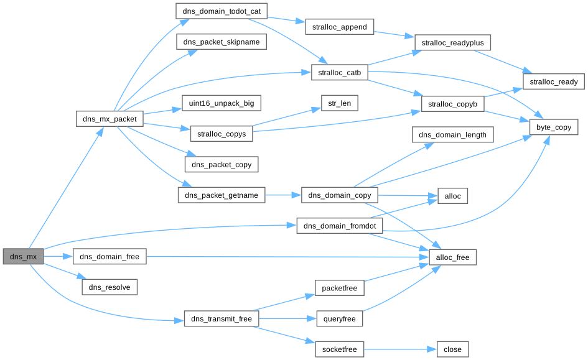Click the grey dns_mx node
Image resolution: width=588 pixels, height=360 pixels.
tap(23, 256)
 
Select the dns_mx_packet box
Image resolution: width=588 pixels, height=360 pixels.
tap(110, 118)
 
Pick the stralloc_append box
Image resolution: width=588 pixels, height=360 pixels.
tap(339, 27)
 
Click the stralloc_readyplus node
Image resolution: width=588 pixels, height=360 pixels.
tap(453, 42)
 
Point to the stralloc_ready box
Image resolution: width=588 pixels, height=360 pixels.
tap(553, 81)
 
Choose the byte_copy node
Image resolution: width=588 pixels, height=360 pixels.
tap(554, 127)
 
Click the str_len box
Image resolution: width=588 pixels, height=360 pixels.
tap(339, 103)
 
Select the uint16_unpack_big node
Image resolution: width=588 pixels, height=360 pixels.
tap(222, 103)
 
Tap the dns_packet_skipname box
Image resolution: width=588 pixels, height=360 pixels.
tap(222, 42)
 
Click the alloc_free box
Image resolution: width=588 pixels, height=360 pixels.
tap(453, 256)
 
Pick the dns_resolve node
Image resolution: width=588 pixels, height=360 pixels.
tap(110, 287)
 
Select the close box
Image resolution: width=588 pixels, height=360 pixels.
tap(452, 349)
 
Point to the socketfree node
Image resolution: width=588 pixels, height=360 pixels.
tap(339, 349)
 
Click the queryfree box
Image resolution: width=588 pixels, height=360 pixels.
tap(339, 319)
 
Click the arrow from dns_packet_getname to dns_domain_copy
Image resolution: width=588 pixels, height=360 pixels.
tap(283, 195)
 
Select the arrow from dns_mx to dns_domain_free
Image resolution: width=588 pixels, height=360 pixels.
tap(58, 256)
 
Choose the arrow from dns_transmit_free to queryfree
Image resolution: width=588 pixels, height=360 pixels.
tap(287, 319)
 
